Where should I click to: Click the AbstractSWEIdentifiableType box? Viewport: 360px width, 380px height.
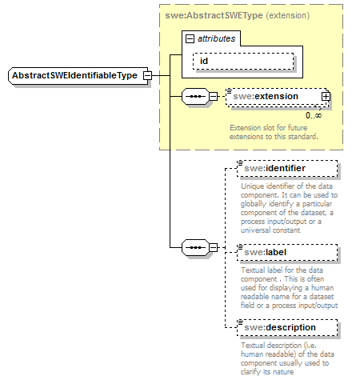(74, 75)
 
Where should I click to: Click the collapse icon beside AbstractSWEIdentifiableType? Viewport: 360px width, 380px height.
(146, 75)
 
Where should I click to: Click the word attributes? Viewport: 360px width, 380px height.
(217, 38)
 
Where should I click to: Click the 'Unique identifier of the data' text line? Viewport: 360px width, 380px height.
(287, 186)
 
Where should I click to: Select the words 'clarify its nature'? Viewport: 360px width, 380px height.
(269, 372)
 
